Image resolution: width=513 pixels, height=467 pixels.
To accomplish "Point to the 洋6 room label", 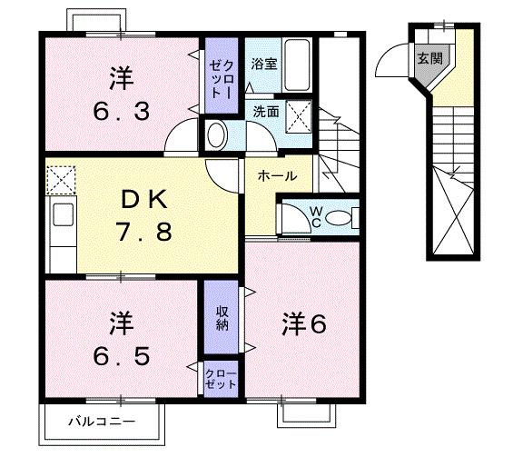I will (x=302, y=324).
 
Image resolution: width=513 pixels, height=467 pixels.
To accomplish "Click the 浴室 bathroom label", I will (x=263, y=65).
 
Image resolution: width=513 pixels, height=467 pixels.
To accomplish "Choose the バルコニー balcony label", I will (x=102, y=422).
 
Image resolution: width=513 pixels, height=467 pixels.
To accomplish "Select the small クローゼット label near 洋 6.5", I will (x=221, y=378).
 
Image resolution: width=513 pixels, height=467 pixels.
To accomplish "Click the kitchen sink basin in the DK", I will (x=62, y=217).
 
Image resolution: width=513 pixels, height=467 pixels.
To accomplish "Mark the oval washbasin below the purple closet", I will (x=217, y=135).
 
